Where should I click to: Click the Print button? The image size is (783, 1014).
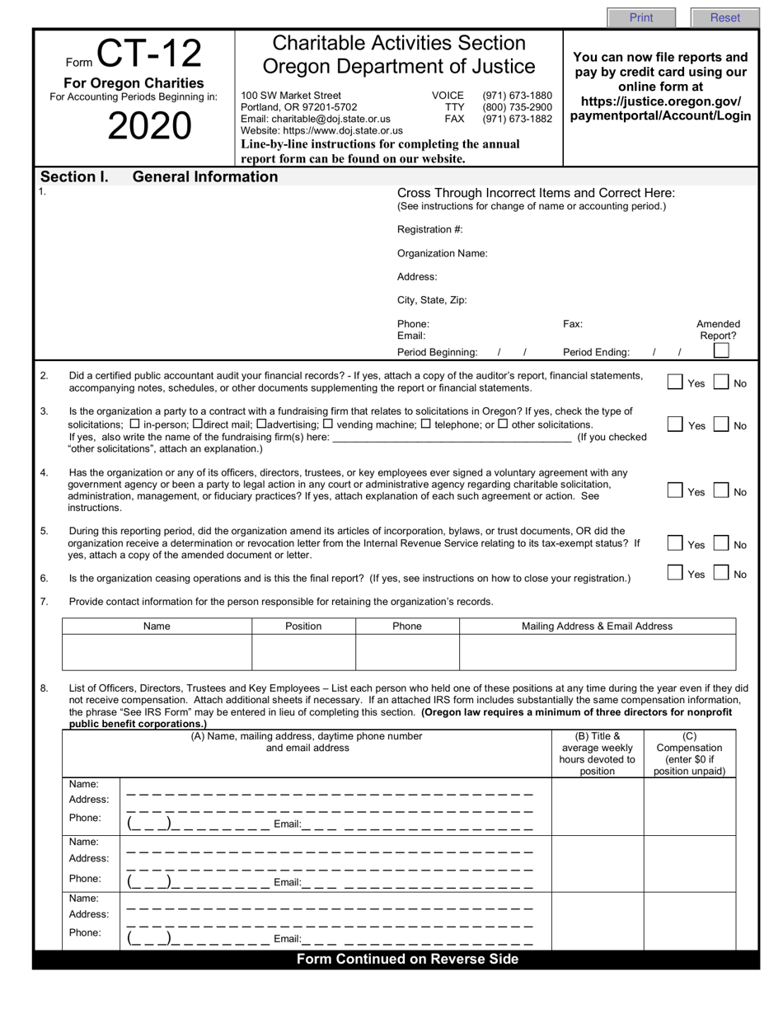coord(641,17)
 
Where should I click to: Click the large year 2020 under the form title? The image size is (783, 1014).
coord(149,126)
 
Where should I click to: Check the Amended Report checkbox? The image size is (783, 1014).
coord(720,351)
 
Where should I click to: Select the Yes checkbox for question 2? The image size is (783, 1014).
coord(675,382)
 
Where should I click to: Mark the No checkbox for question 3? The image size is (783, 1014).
coord(720,425)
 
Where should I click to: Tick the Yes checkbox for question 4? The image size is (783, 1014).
coord(675,491)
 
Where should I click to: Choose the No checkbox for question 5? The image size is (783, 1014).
coord(720,544)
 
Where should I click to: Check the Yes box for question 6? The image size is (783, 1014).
coord(675,573)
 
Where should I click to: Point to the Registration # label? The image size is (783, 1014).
coord(429,229)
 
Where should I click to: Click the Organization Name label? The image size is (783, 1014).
coord(442,253)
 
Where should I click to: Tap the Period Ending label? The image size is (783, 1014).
coord(596,352)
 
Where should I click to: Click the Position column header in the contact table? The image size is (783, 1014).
coord(303,627)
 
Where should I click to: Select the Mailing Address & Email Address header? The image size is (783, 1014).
coord(597,627)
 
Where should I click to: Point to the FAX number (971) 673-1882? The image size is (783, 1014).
coord(517,119)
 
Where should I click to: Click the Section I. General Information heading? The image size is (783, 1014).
coord(159,176)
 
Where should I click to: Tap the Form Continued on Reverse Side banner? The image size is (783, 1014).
coord(407,959)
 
